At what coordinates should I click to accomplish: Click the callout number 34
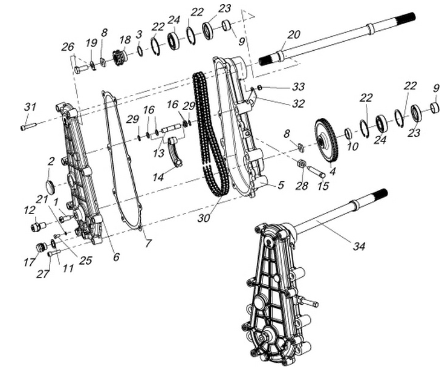tap(359, 245)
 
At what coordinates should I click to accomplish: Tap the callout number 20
tap(294, 34)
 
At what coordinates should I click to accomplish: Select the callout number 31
tap(30, 107)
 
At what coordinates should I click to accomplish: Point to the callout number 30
tap(204, 218)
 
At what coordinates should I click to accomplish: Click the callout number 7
tap(148, 243)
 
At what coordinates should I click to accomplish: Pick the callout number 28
tap(302, 186)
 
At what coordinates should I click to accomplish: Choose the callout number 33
tap(298, 86)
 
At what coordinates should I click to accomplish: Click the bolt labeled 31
tap(28, 126)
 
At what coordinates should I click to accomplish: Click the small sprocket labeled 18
tap(120, 57)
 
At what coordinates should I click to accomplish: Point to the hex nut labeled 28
tap(302, 164)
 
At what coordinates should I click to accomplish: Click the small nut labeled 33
tap(260, 88)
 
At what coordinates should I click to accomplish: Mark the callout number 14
tap(158, 177)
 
